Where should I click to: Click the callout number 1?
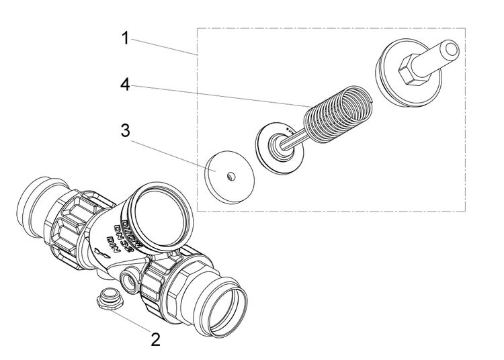125,38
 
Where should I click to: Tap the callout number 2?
155,339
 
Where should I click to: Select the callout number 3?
125,130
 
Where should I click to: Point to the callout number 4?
125,85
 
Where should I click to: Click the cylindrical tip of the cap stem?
448,50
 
